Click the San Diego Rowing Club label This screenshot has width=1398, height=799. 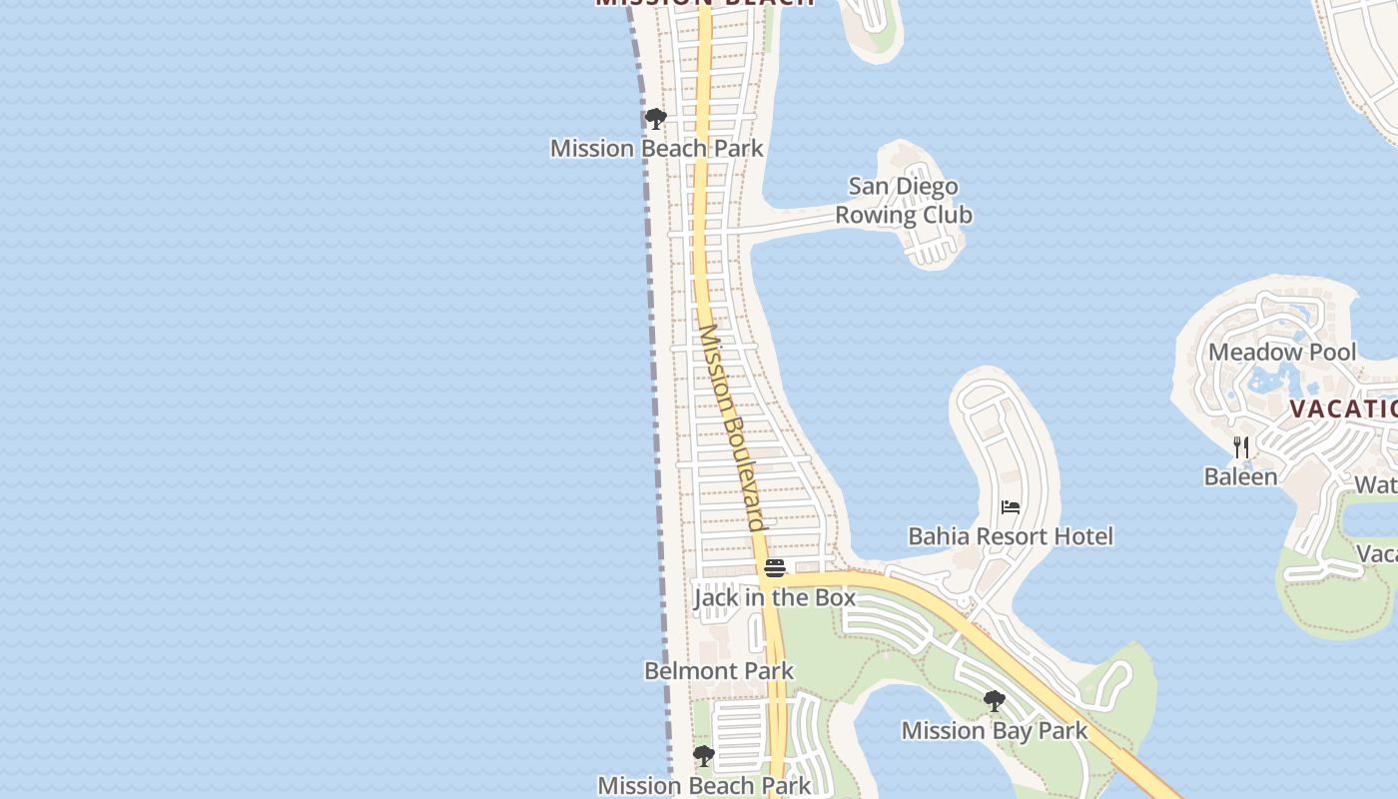(x=903, y=201)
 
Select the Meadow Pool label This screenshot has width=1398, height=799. (x=1282, y=353)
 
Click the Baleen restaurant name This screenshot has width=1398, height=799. (x=1240, y=476)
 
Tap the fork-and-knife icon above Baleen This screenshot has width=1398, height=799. (x=1240, y=446)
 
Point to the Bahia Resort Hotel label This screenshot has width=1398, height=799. (x=1010, y=536)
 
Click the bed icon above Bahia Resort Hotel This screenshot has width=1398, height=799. (x=1011, y=507)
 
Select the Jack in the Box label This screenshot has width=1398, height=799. (x=775, y=598)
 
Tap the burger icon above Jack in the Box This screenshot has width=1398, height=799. (x=775, y=568)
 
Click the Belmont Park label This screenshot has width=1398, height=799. (x=719, y=671)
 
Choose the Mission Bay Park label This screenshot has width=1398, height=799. (x=995, y=731)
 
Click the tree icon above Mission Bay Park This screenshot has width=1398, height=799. (x=994, y=701)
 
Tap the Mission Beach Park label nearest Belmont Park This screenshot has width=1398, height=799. (x=705, y=785)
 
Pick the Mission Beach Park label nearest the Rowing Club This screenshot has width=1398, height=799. (x=656, y=149)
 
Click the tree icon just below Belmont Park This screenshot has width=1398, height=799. (x=704, y=756)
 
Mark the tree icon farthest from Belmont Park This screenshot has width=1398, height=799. (x=655, y=120)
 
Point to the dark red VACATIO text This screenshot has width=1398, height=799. (x=1342, y=408)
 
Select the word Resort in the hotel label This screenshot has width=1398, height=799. (x=1010, y=536)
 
